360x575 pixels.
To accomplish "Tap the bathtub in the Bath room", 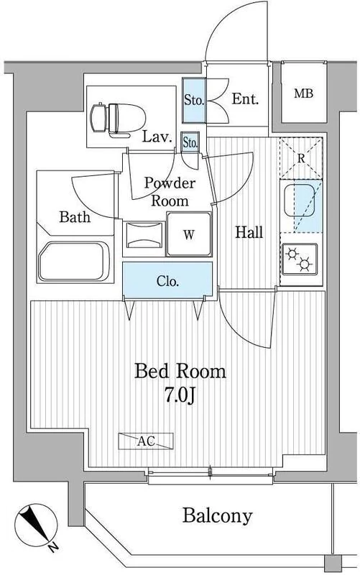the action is coord(74,261).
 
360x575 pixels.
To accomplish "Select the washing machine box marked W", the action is coord(189,234).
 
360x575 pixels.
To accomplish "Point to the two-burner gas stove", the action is coord(300,259).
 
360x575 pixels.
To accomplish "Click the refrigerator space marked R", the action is coord(301,158).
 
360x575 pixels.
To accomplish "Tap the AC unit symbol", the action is coord(146,441).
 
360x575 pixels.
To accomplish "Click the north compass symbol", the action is coord(36,525).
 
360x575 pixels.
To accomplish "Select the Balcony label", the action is coord(218,515).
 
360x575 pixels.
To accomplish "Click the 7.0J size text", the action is coord(179,395).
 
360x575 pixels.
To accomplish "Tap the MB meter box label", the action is coord(303,93).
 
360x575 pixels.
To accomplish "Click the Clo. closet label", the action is coord(167,281).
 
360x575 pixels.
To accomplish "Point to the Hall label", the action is coord(249,232).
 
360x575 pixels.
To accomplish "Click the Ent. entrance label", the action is coord(245,98).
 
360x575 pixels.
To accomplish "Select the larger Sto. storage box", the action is coord(194,100).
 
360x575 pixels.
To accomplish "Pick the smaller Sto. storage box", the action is coord(190,142).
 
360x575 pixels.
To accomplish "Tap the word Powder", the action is coord(170,183).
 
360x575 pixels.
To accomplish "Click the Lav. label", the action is coord(157,137).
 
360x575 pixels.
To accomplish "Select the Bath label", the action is coord(75,217).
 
